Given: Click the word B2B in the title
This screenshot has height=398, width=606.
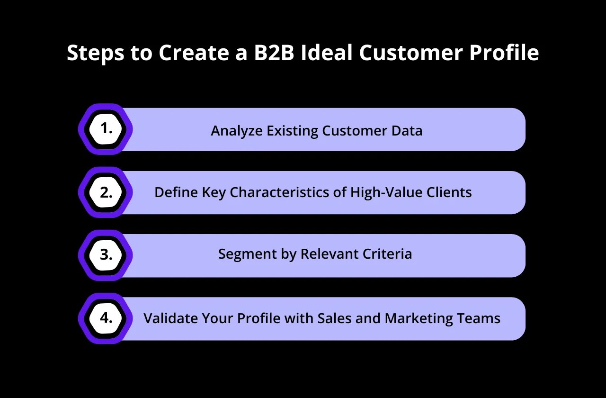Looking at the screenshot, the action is click(x=274, y=52).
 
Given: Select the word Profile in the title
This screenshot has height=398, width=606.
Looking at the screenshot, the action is click(x=504, y=52).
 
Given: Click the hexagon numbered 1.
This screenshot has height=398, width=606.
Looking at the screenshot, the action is click(x=106, y=129).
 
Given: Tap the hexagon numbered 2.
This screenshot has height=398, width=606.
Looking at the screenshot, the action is click(x=106, y=192).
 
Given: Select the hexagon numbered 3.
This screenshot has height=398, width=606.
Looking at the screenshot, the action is click(x=106, y=255).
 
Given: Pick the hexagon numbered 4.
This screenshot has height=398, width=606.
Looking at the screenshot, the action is click(x=106, y=318).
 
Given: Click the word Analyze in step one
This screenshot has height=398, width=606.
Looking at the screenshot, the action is click(x=237, y=132).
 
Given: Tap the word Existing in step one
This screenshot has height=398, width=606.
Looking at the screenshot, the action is click(x=292, y=132).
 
